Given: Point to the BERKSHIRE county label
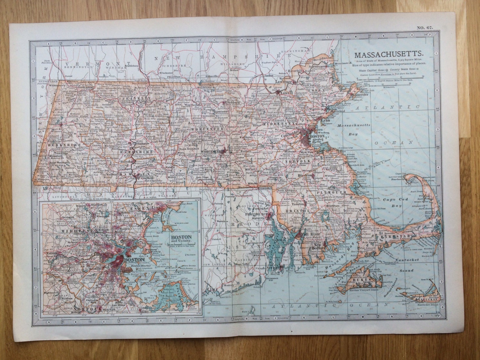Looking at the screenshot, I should (x=59, y=145).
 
